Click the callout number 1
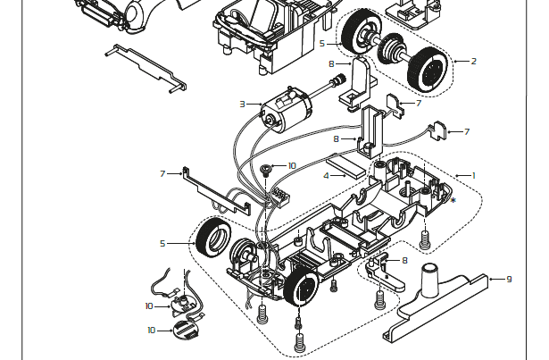coord(474,176)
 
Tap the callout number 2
coord(474,62)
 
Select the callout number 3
coord(242,105)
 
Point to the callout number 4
coord(327,176)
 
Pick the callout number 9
coord(509,279)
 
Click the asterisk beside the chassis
coord(453,201)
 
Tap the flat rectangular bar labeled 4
coord(346,169)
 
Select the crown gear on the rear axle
coord(391,49)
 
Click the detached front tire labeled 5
coord(213,238)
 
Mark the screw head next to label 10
coord(266,171)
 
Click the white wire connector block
coord(280,198)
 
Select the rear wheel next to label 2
coord(428,70)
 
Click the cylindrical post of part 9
coord(429,279)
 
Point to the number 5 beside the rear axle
coord(322,44)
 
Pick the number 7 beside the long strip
coord(162,174)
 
